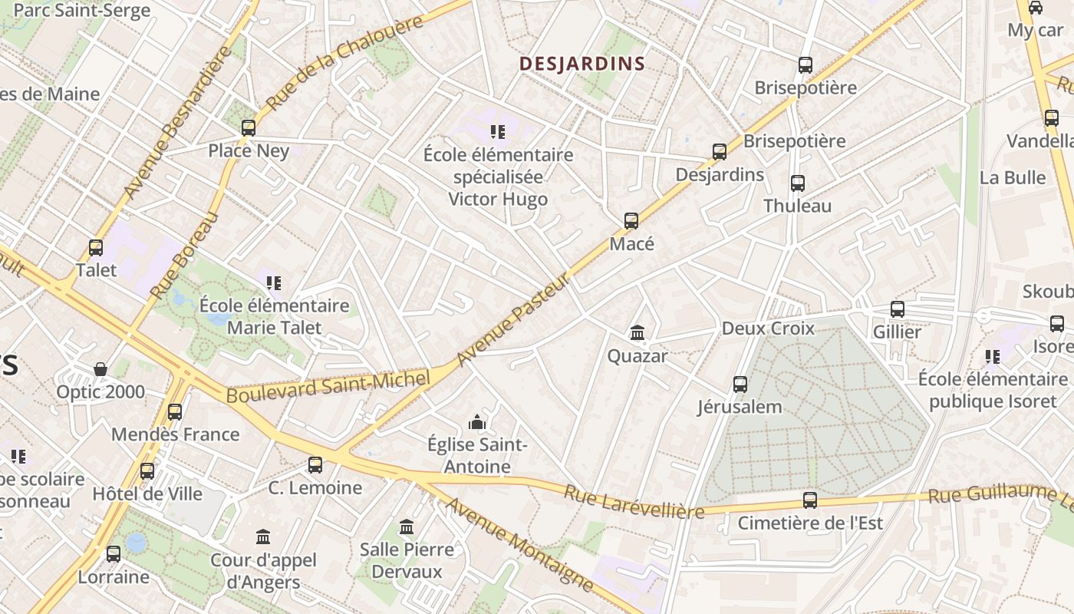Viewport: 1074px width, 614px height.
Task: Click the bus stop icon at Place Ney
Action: tap(249, 128)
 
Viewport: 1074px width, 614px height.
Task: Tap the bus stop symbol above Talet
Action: tap(96, 248)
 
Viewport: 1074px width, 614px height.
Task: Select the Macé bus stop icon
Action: tap(631, 221)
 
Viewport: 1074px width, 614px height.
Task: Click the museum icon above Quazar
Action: tap(637, 333)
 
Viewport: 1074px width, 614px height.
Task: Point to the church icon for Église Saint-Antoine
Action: tap(477, 422)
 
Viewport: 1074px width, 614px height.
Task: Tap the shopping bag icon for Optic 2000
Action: tap(100, 369)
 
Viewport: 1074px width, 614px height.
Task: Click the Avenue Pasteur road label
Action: tap(513, 319)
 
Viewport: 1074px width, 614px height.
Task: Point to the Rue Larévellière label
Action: tap(634, 501)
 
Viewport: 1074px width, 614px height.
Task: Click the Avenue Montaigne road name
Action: tap(519, 544)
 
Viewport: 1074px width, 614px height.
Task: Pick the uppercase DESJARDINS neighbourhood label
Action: tap(582, 64)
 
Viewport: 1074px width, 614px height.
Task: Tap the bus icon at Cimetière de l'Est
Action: tap(810, 500)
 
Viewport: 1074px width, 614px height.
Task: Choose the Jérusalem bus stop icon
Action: tap(740, 385)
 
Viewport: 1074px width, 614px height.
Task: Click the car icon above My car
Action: tap(1035, 8)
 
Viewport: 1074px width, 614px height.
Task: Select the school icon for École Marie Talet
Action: tap(274, 283)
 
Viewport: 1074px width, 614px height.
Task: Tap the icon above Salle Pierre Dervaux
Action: tap(407, 527)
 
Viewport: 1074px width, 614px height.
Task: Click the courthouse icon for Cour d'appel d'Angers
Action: tap(263, 536)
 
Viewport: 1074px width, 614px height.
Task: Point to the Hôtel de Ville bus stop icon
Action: tap(147, 471)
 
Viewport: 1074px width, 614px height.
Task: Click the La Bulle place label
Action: tap(1013, 177)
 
